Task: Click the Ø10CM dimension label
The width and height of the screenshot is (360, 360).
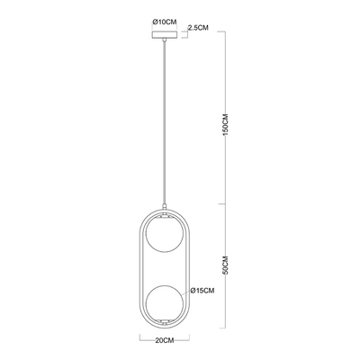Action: pos(164,22)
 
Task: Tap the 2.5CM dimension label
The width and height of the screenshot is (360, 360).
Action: pos(198,28)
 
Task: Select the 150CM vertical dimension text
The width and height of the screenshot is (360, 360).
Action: pos(226,124)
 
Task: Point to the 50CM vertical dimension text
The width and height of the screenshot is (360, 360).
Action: pos(226,265)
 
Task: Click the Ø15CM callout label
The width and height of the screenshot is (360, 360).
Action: pos(202,291)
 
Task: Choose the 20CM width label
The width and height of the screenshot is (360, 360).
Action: pos(165,340)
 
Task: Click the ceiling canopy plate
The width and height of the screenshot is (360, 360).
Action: pos(164,34)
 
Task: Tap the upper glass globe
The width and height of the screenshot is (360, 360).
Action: pos(164,234)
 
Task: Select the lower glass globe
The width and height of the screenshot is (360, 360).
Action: pos(164,301)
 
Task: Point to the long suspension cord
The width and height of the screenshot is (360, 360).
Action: pos(164,122)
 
